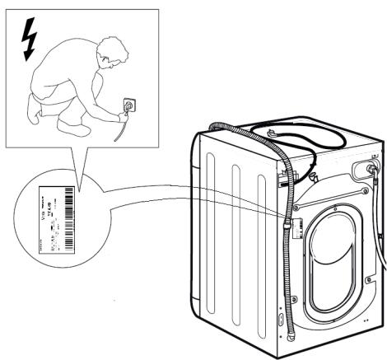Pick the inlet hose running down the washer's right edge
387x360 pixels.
tap(380, 247)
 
